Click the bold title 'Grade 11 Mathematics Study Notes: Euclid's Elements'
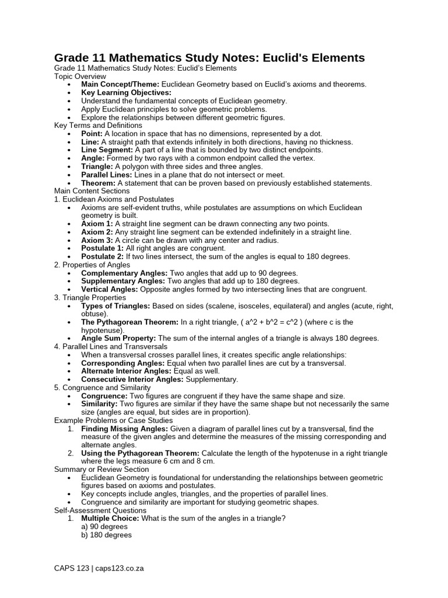tap(209, 57)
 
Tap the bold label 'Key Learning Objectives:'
tap(126, 93)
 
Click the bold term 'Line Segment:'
tap(107, 150)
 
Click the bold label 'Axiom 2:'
tap(97, 232)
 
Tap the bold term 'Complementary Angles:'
tap(124, 273)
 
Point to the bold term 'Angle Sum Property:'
tap(118, 338)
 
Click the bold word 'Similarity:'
tap(99, 404)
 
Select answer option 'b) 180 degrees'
tap(106, 535)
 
